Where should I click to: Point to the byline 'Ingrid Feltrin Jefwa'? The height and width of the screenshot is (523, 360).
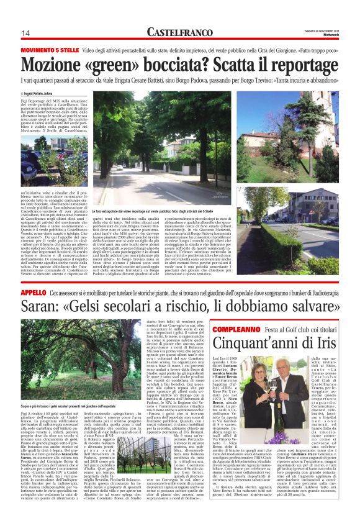(x=47, y=91)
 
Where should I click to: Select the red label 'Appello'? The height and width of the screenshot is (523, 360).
(x=34, y=292)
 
